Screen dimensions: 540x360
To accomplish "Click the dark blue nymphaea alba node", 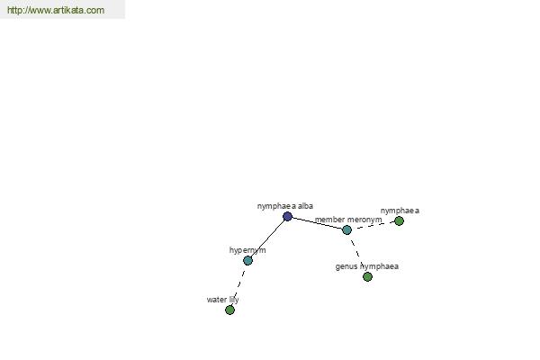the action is point(288,216).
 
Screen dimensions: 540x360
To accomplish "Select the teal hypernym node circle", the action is point(248,260).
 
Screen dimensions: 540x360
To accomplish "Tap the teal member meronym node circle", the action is point(346,229).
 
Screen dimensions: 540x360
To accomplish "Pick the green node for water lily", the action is point(229,310).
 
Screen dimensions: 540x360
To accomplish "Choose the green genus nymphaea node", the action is point(367,276).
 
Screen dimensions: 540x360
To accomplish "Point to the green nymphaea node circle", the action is point(399,220).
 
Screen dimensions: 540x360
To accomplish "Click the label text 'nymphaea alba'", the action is point(284,206).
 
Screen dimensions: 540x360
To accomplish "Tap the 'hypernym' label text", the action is point(247,250).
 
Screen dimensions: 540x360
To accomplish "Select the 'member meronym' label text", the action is point(348,220).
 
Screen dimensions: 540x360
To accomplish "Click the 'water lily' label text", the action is point(223,300).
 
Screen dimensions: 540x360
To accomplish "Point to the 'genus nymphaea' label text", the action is point(367,266).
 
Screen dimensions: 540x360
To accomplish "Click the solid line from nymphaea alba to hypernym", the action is point(267,238).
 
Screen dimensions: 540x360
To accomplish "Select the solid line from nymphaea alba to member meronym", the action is point(317,223).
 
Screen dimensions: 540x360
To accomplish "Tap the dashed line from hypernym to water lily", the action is point(238,285).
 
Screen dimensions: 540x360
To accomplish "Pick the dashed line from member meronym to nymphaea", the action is point(373,225).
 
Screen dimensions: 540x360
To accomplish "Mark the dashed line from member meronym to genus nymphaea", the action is point(357,253).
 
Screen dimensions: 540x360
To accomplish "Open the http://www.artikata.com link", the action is point(56,10).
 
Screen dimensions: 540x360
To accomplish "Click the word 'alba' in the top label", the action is point(305,206).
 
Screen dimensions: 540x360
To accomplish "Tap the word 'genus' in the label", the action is point(346,267).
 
